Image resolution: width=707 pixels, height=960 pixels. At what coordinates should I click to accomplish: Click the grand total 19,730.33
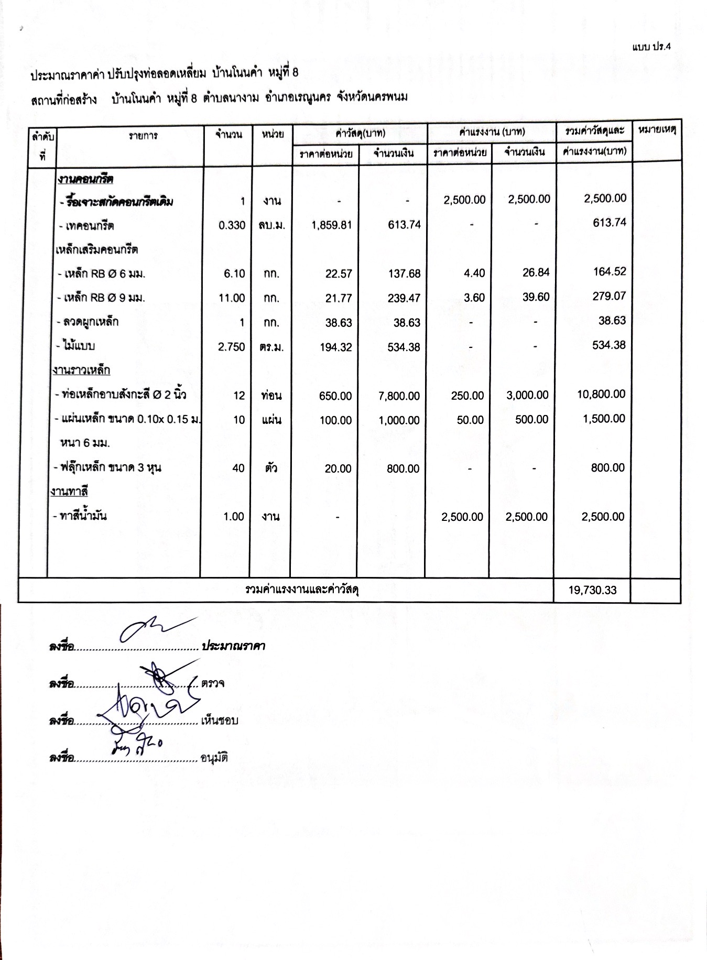[x=592, y=590]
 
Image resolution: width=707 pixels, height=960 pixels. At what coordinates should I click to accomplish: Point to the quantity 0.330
[x=232, y=225]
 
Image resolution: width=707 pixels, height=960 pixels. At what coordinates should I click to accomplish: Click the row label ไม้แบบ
[x=79, y=346]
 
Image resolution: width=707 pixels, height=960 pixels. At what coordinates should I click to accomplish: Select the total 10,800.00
[x=601, y=394]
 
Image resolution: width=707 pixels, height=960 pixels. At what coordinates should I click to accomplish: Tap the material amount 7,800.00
[x=399, y=396]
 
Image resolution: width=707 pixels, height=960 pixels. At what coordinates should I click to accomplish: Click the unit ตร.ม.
[x=271, y=347]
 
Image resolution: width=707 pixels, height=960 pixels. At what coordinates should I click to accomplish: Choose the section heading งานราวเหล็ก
[x=81, y=370]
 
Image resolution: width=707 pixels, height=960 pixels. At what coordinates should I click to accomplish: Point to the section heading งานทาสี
[x=69, y=492]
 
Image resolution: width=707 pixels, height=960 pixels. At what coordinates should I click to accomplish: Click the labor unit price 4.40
[x=474, y=273]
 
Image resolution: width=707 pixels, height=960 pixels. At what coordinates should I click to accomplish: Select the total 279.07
[x=609, y=296]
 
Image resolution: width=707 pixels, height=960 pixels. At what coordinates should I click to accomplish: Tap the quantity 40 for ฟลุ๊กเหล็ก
[x=238, y=468]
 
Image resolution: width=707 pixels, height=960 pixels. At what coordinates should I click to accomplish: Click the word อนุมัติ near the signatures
[x=214, y=758]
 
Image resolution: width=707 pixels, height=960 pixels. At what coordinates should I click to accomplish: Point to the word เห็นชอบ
[x=219, y=721]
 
